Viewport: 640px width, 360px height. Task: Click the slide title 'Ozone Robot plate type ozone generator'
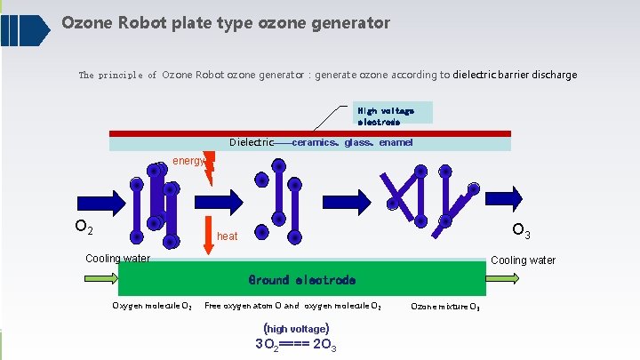pos(226,23)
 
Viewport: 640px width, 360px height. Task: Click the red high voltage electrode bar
pos(310,133)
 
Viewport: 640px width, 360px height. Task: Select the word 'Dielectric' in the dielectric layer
pos(251,142)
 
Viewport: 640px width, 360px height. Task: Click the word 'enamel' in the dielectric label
pos(396,142)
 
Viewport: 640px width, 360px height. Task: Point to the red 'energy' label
pos(188,161)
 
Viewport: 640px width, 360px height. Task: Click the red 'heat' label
pos(227,236)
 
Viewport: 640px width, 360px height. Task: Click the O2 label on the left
pos(84,228)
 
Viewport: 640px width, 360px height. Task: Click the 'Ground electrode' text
pos(301,280)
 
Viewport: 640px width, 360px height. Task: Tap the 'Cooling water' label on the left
pos(117,259)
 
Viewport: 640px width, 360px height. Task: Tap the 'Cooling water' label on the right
pos(523,260)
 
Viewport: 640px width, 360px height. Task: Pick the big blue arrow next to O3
pos(511,196)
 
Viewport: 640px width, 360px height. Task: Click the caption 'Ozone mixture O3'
pos(445,307)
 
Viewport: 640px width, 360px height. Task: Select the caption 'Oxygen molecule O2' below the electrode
pos(151,307)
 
